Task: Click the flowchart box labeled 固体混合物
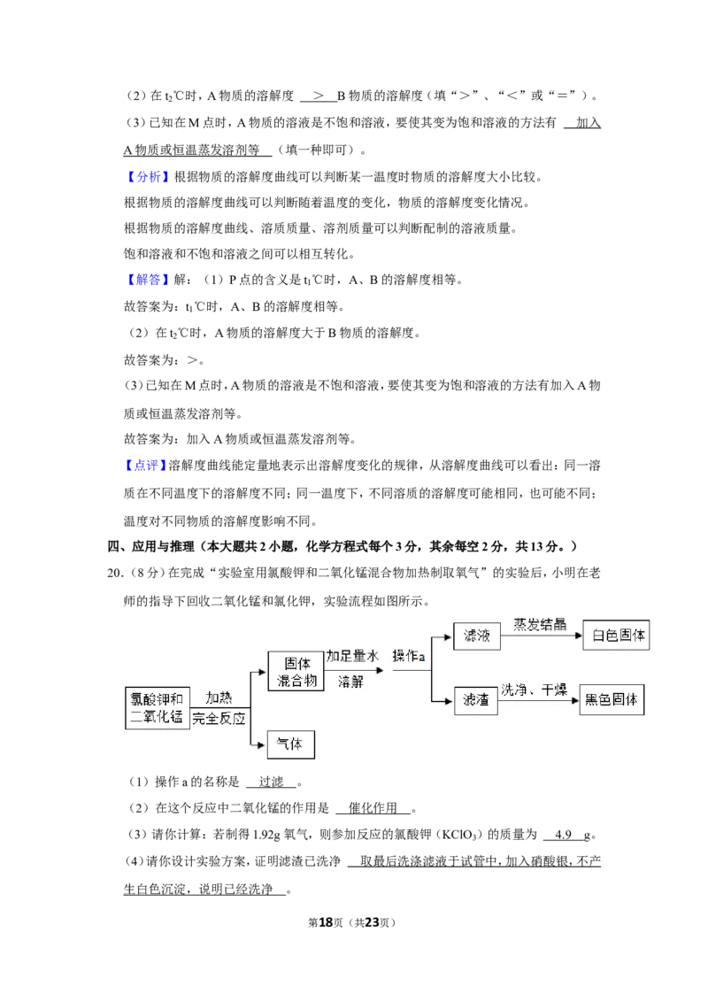(x=296, y=672)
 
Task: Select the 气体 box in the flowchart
(x=291, y=744)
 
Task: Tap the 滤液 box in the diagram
(x=477, y=636)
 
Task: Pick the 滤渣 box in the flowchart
(x=475, y=700)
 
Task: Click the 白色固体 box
(x=616, y=636)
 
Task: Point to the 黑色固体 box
(x=612, y=700)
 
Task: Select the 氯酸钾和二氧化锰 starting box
(x=158, y=708)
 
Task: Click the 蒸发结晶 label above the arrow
(x=540, y=624)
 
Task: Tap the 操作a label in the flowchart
(x=408, y=656)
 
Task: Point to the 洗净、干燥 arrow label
(x=535, y=690)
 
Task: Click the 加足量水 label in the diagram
(x=353, y=656)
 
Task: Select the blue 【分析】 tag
(x=148, y=176)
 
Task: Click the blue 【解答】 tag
(x=148, y=279)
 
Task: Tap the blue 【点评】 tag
(x=146, y=466)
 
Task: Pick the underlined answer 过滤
(x=272, y=782)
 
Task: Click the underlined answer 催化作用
(x=373, y=808)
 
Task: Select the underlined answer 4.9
(x=563, y=835)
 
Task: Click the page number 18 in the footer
(x=326, y=922)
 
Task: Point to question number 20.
(x=115, y=573)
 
